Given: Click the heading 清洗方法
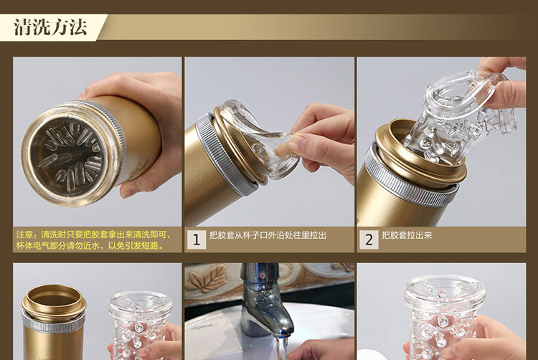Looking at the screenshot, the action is pos(50,27).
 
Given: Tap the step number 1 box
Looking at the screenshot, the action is pos(197,240).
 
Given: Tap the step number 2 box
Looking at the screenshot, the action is pos(369,240).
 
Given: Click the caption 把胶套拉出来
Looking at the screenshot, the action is pos(407,235).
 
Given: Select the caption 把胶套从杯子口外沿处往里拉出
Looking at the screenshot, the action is pos(268,235).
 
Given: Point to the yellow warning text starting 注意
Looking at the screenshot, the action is pos(93,240).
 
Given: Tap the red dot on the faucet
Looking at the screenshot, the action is pos(262,275).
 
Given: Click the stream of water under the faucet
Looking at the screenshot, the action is pos(281,347).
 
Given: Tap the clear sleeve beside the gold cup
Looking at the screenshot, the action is pos(140,326).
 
